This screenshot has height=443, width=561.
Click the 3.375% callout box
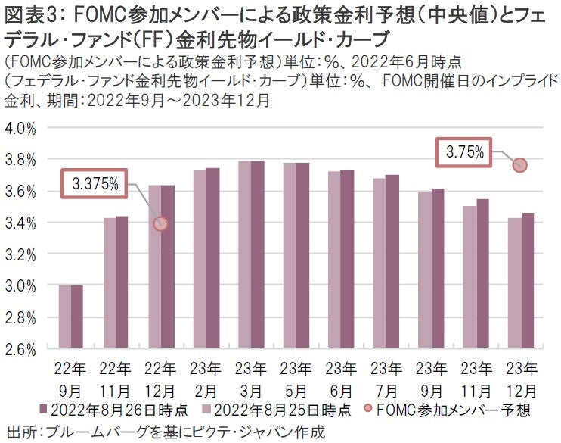click(x=95, y=183)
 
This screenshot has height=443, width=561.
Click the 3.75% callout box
click(x=464, y=152)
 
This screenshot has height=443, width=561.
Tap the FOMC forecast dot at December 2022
click(x=160, y=223)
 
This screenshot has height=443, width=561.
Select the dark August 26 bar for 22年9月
click(x=77, y=317)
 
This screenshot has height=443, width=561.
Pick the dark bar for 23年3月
click(x=258, y=254)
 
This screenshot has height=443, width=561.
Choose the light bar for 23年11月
click(x=470, y=277)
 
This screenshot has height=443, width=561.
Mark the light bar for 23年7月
click(x=380, y=264)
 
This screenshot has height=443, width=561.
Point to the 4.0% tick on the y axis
click(x=21, y=128)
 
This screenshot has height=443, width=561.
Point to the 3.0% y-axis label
click(x=21, y=285)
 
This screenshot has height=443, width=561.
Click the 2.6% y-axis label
click(x=21, y=349)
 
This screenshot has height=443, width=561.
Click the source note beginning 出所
click(x=165, y=432)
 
